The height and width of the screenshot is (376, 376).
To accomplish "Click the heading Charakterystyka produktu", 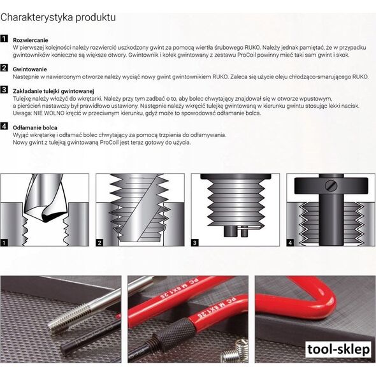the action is pyautogui.click(x=58, y=17).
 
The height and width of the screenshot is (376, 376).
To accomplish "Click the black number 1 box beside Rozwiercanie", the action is pyautogui.click(x=4, y=39).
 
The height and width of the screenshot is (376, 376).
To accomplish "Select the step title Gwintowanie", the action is pyautogui.click(x=30, y=69).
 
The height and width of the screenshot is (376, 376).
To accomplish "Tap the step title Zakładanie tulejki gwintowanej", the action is pyautogui.click(x=54, y=91).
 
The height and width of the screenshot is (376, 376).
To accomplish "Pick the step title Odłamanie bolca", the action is pyautogui.click(x=35, y=127).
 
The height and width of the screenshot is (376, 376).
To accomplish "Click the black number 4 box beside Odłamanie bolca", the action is pyautogui.click(x=4, y=126).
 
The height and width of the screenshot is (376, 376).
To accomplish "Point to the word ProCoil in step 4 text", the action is pyautogui.click(x=110, y=143).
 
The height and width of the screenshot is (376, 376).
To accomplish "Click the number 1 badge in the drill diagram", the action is pyautogui.click(x=4, y=243).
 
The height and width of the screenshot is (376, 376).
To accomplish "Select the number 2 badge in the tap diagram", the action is pyautogui.click(x=99, y=243).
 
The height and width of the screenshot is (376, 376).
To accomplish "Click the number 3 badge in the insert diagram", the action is pyautogui.click(x=195, y=243).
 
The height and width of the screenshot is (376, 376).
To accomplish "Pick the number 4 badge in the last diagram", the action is pyautogui.click(x=290, y=243).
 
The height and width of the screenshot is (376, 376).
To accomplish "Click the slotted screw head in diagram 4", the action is pyautogui.click(x=331, y=185).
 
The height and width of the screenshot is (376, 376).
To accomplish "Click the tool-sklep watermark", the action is pyautogui.click(x=338, y=349).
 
